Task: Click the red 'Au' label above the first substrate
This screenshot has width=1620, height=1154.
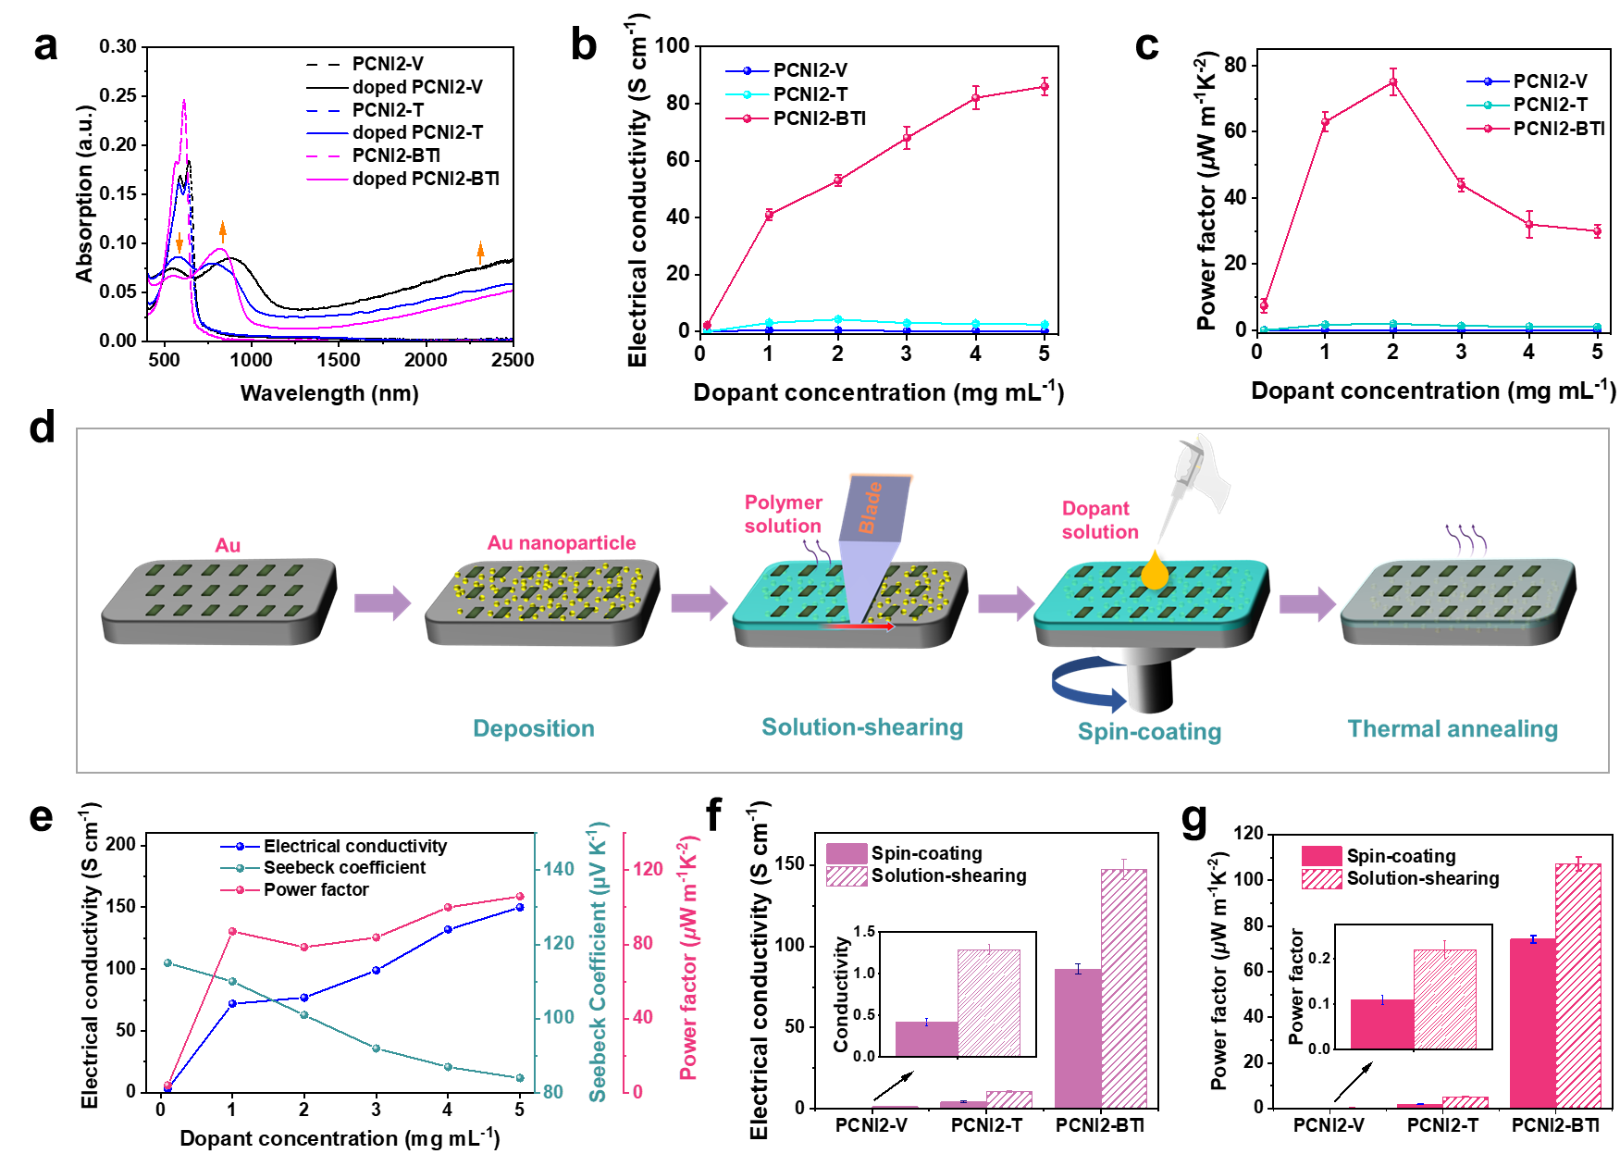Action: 228,545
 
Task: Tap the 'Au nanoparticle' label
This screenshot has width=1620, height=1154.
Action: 562,542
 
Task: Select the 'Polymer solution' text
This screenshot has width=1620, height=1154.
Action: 783,514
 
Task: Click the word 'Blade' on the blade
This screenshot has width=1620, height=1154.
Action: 871,506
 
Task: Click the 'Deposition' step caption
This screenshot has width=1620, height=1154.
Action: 533,728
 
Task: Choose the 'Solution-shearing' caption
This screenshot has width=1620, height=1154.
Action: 861,727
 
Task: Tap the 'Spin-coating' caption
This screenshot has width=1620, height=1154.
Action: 1149,732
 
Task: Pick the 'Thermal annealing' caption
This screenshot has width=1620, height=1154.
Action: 1452,729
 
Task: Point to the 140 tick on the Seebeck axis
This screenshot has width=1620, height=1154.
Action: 559,869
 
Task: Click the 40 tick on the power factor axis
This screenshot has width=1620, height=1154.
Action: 643,1017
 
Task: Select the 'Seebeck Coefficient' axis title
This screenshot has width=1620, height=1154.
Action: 598,962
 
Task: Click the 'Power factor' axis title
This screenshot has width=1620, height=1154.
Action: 688,958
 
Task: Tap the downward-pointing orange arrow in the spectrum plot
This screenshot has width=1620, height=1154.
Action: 179,242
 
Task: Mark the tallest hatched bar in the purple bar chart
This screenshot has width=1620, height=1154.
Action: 1124,987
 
